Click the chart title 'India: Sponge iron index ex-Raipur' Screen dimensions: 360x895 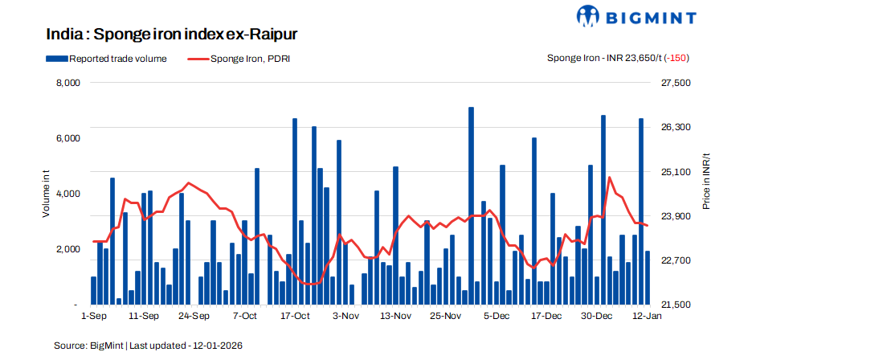pyautogui.click(x=173, y=35)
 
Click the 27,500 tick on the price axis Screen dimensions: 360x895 pyautogui.click(x=676, y=83)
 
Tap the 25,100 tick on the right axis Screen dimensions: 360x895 pyautogui.click(x=676, y=172)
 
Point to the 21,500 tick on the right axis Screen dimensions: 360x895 pyautogui.click(x=676, y=305)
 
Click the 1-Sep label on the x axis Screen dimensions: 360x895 pyautogui.click(x=94, y=317)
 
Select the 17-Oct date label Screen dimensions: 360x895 pyautogui.click(x=295, y=317)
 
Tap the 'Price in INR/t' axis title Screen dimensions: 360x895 pyautogui.click(x=706, y=182)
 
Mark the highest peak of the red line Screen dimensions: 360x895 pyautogui.click(x=610, y=178)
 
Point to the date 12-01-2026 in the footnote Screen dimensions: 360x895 pyautogui.click(x=215, y=345)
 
